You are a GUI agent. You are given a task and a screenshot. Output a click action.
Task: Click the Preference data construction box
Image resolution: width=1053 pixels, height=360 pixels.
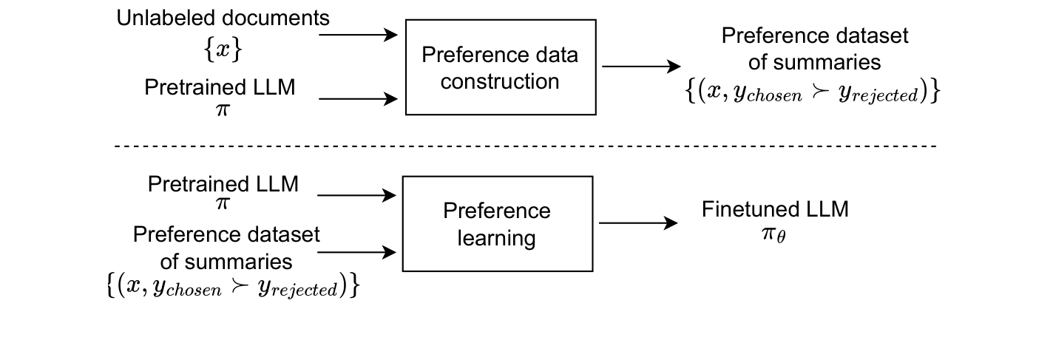coord(501,67)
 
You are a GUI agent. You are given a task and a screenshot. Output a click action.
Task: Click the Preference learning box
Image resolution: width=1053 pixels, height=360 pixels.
coord(497,224)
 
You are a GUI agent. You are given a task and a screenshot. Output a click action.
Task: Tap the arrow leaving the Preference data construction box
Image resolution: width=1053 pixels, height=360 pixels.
coord(640,67)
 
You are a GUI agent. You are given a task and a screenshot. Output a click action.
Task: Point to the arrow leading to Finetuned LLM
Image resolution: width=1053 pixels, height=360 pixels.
coord(638,223)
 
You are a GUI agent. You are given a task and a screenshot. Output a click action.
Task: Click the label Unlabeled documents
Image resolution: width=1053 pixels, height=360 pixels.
coord(223,18)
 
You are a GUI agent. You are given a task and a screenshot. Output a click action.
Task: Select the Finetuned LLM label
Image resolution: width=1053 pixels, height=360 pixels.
coord(775,209)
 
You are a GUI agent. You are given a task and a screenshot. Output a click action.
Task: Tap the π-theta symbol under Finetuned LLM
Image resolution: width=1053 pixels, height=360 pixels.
coord(775,237)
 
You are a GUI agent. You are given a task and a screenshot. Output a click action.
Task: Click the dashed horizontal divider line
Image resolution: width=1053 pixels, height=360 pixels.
coord(525,146)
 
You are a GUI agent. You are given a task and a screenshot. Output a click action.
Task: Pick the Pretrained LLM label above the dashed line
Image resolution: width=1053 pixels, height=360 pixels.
coord(220,87)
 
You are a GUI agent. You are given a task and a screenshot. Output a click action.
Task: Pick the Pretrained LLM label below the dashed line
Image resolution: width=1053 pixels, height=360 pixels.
coord(223,184)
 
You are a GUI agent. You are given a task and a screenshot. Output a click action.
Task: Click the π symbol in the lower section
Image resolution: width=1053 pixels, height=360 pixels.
coord(223,203)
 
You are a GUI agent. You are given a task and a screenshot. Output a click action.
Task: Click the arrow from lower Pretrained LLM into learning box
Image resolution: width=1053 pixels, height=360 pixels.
coord(357,195)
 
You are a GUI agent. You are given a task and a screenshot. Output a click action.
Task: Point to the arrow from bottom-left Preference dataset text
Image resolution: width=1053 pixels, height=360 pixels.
coord(357,253)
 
